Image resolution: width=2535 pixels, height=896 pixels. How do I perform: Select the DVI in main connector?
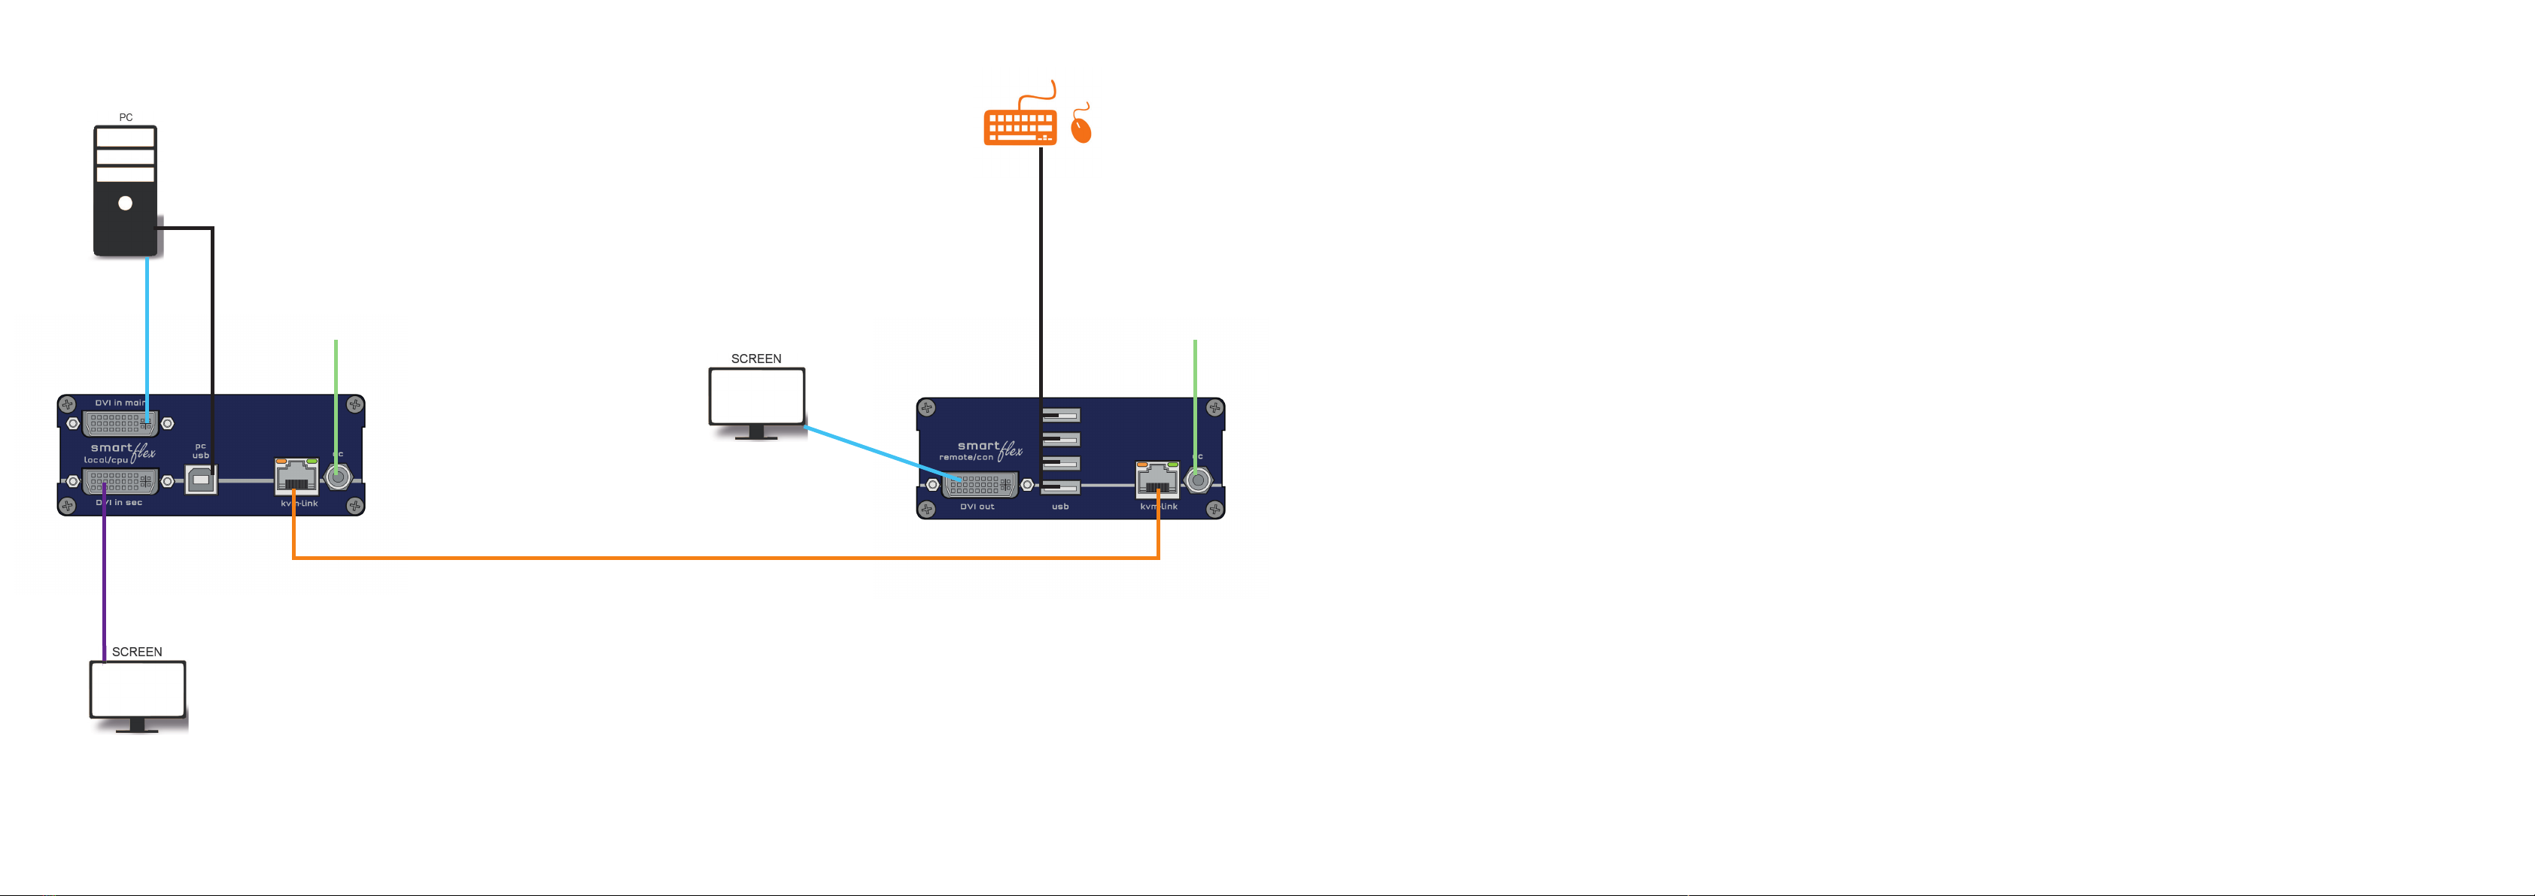pyautogui.click(x=120, y=424)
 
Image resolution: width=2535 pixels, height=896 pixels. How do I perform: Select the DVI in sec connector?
pyautogui.click(x=120, y=482)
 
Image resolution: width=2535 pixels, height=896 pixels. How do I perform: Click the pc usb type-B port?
pyautogui.click(x=201, y=480)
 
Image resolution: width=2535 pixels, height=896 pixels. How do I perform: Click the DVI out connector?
pyautogui.click(x=979, y=485)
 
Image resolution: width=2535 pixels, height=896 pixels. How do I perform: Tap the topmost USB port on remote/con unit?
pyautogui.click(x=1060, y=415)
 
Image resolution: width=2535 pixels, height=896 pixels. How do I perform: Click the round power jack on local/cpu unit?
pyautogui.click(x=338, y=478)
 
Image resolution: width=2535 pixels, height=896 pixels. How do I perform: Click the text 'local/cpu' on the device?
pyautogui.click(x=105, y=460)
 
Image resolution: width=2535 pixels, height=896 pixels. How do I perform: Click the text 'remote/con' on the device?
pyautogui.click(x=965, y=457)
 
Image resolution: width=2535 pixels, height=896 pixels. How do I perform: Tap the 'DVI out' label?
pyautogui.click(x=977, y=507)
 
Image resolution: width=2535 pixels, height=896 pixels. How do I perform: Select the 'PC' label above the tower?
pyautogui.click(x=126, y=117)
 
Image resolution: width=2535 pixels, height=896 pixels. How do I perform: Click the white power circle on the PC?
pyautogui.click(x=125, y=203)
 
